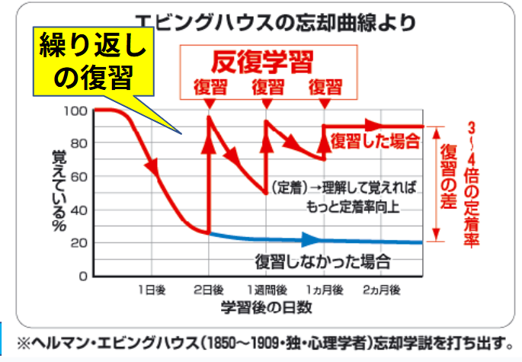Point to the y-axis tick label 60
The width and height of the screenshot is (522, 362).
tap(78, 177)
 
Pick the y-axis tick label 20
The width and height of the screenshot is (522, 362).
tap(78, 243)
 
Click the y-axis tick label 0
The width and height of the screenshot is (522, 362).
tap(82, 276)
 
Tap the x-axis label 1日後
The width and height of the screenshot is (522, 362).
tap(150, 290)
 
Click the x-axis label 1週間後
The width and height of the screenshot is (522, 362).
tap(267, 290)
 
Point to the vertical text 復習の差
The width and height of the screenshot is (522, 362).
tap(450, 175)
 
